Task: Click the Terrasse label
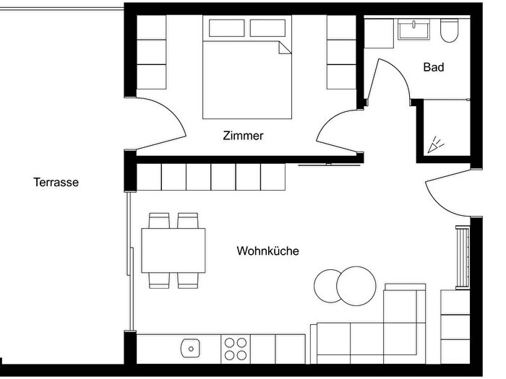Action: click(56, 182)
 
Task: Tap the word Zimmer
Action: click(243, 136)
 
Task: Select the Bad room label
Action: click(434, 67)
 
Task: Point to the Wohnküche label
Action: click(268, 251)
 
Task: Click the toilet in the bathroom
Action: click(449, 30)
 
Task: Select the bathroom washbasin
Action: click(413, 30)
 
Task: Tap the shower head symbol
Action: click(435, 144)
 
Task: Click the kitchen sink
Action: click(190, 348)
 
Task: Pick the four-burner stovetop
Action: click(236, 349)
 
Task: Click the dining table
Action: click(173, 251)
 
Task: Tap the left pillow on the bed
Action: click(226, 28)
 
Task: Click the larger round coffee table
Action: click(356, 286)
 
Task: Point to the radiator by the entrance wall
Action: click(463, 257)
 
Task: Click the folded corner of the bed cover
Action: click(286, 48)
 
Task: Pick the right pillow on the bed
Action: click(267, 28)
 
